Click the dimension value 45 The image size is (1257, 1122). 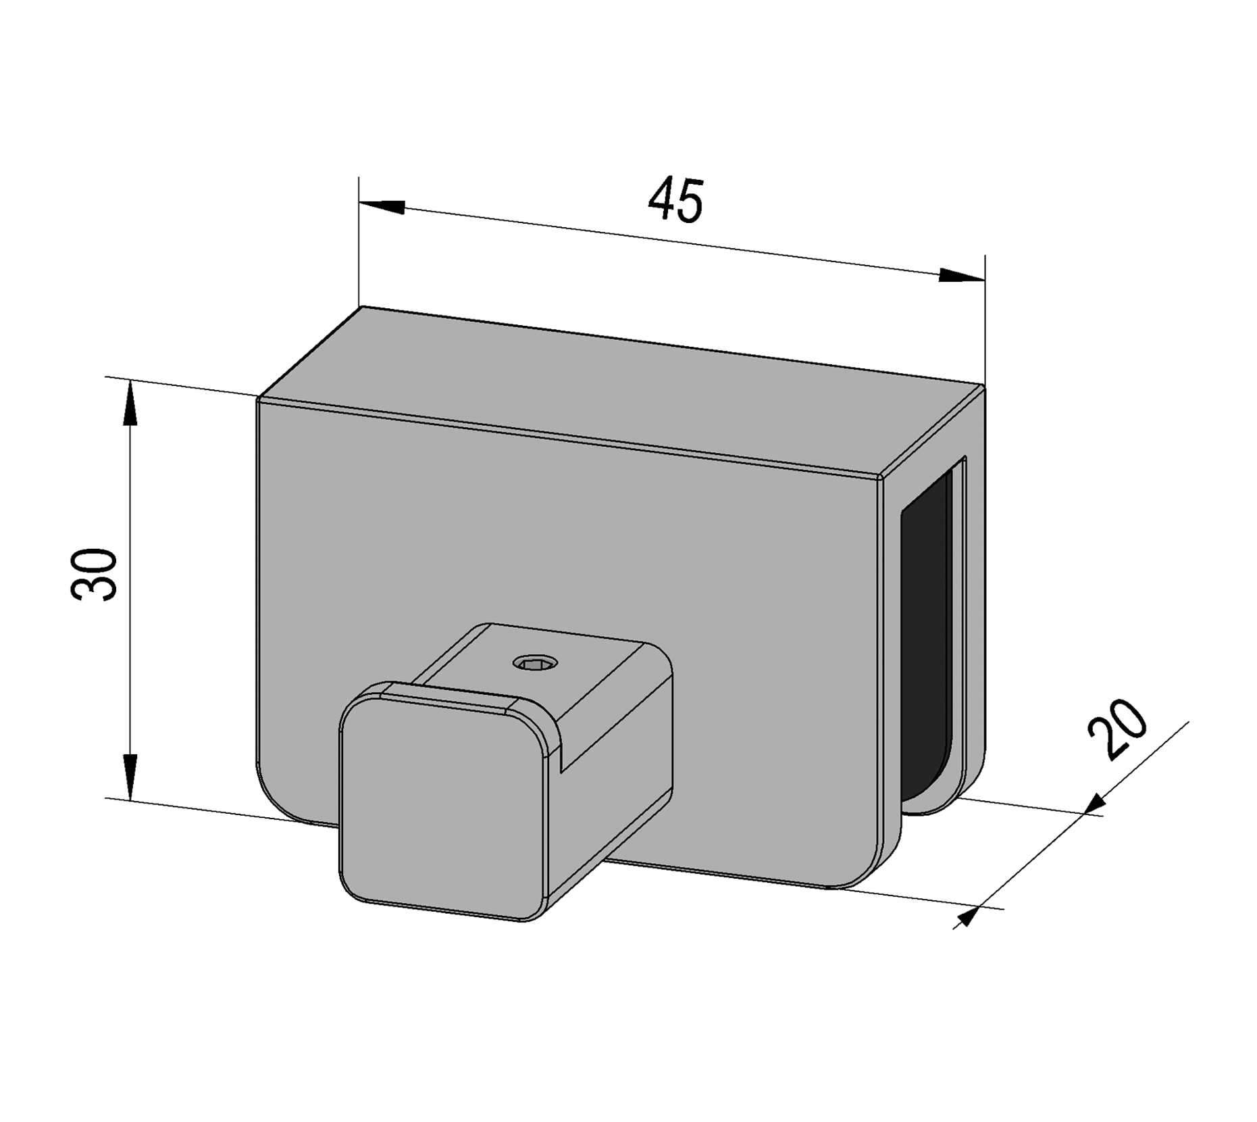[675, 200]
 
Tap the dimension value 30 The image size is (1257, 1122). [95, 574]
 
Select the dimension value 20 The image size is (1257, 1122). [1117, 729]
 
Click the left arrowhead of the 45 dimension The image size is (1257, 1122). [382, 205]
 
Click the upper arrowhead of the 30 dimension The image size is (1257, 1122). [129, 405]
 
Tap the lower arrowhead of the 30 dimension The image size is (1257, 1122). [129, 776]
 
